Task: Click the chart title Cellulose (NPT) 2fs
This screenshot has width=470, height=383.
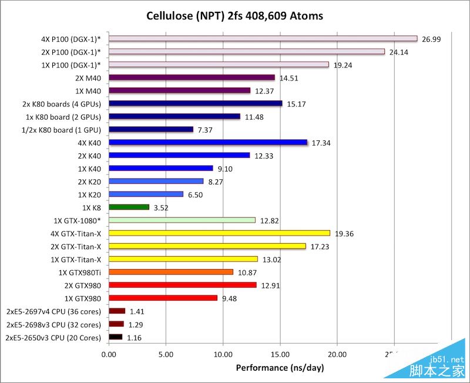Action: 234,15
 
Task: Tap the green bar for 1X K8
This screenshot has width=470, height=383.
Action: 129,207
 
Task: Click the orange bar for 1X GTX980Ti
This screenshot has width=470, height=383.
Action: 171,272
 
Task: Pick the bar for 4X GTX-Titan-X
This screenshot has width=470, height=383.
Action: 219,233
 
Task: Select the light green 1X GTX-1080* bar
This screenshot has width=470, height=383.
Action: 182,220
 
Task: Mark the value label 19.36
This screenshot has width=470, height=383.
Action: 345,234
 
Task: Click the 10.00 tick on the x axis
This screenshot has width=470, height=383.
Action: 223,355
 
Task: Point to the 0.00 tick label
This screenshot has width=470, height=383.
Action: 109,355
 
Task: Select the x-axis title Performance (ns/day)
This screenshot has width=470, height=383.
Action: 280,368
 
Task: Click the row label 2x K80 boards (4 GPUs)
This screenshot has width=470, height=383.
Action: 62,104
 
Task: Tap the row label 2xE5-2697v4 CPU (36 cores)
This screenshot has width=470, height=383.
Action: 53,311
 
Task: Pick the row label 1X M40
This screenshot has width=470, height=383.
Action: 88,90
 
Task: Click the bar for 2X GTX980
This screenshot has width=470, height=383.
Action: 182,285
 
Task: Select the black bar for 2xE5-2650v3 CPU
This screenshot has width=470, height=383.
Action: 115,337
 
